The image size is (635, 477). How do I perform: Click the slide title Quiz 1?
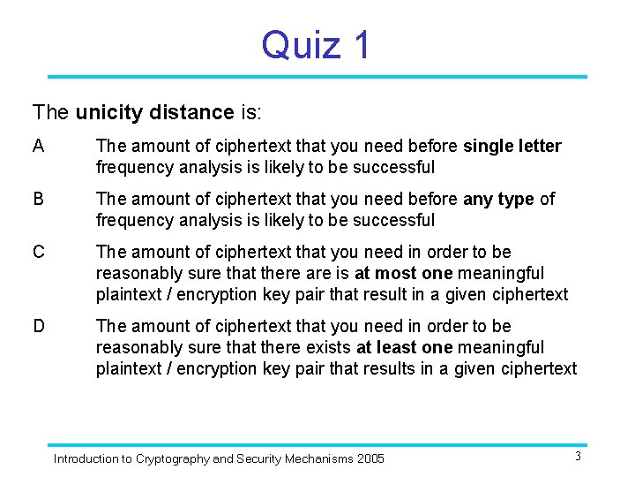[x=317, y=45]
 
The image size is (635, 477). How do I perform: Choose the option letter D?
[x=39, y=327]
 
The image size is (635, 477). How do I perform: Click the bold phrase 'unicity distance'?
[x=154, y=113]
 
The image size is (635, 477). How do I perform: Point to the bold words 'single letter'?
[x=512, y=147]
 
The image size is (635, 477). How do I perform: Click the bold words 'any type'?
[x=498, y=200]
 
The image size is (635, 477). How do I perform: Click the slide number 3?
[x=578, y=456]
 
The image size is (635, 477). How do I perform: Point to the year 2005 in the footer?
[x=370, y=459]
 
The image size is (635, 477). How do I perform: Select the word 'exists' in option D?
[x=328, y=348]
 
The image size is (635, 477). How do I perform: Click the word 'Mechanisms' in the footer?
[x=316, y=459]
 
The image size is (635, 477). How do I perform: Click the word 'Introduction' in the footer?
[x=86, y=459]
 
